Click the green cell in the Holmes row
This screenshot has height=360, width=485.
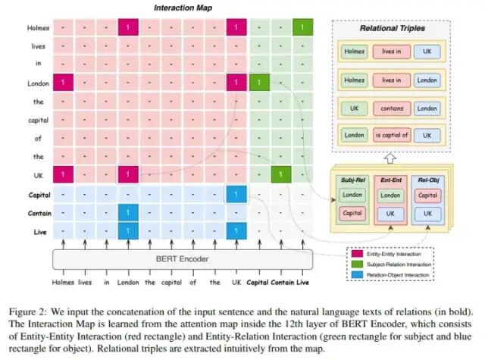click(x=303, y=28)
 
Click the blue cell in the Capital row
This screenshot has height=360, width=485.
click(x=236, y=194)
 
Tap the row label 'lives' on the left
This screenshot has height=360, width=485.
click(x=39, y=45)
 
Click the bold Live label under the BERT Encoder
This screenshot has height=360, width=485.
click(x=302, y=283)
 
